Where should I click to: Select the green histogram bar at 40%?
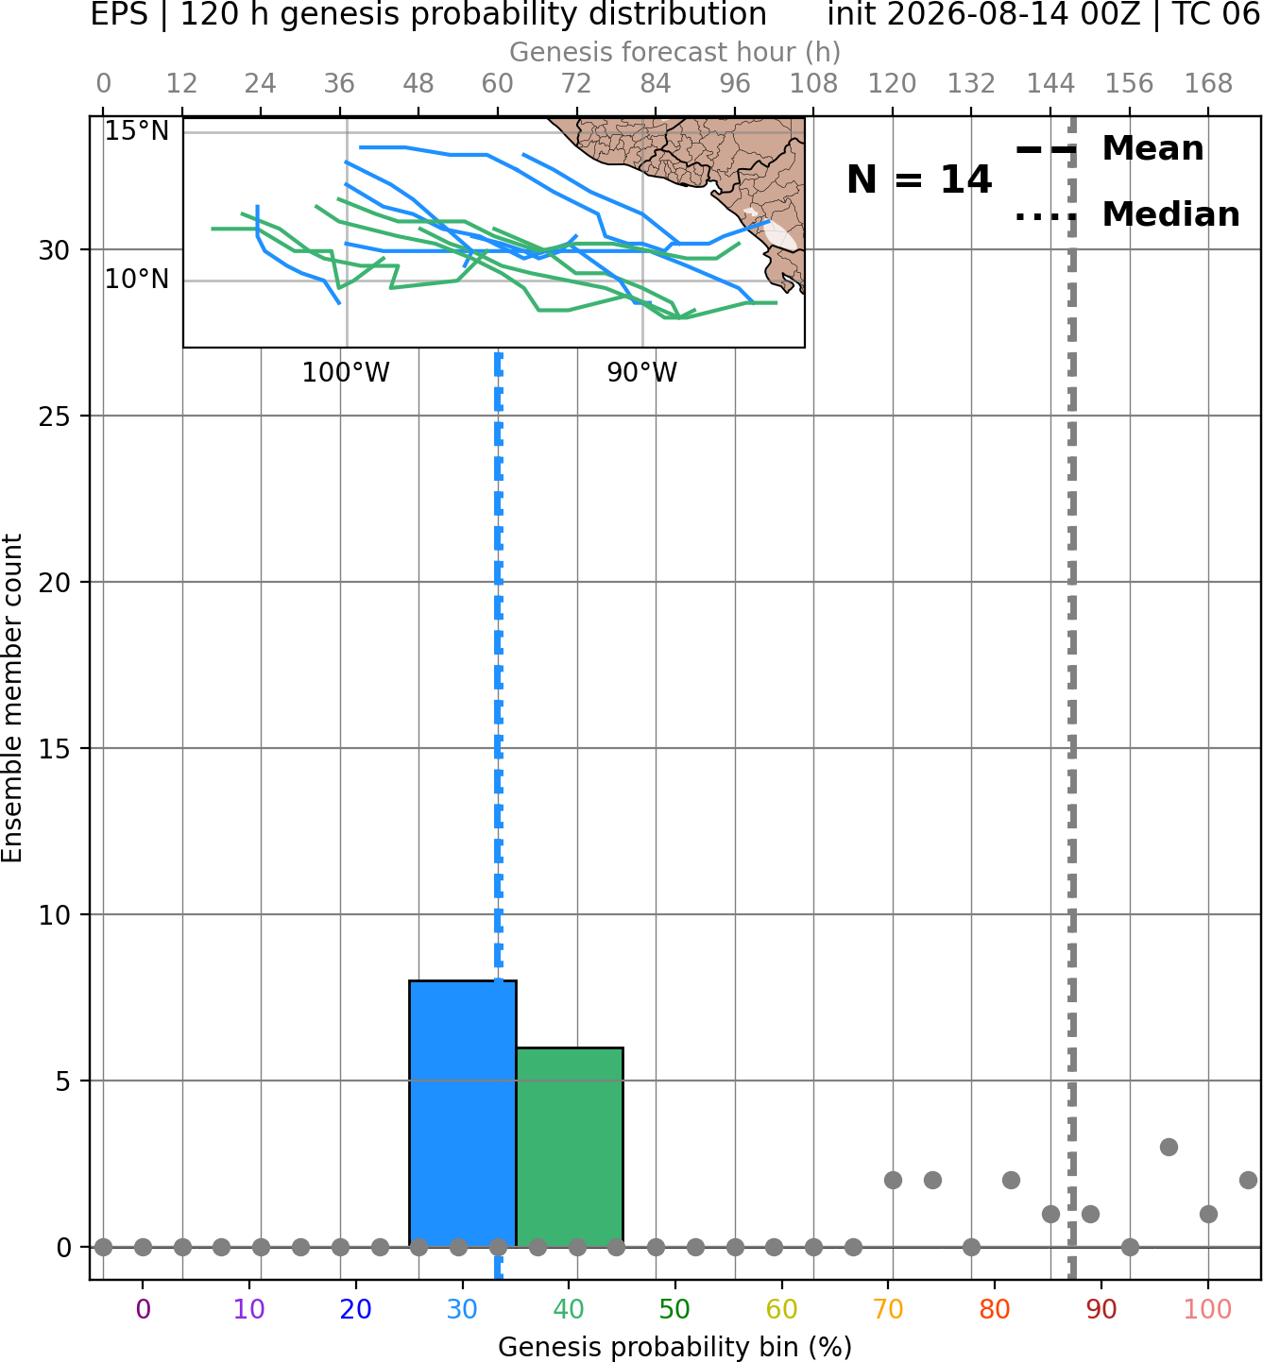coord(570,1148)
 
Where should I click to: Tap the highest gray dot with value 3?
coord(1169,1148)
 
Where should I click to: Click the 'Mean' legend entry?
coord(1152,149)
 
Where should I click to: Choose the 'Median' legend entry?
coord(1170,214)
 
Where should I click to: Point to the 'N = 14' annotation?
coord(919,179)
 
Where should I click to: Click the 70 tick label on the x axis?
coord(888,1309)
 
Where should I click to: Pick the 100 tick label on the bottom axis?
coord(1208,1309)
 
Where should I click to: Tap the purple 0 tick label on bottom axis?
coord(143,1309)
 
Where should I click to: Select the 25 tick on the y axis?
coord(54,417)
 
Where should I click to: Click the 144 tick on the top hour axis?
coord(1050,84)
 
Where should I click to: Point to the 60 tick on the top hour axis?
coord(498,84)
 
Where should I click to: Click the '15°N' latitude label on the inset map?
coord(137,131)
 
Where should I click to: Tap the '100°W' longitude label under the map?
coord(346,373)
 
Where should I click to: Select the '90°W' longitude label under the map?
coord(642,373)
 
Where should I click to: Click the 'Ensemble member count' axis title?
coord(12,698)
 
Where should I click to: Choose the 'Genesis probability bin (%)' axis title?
coord(675,1347)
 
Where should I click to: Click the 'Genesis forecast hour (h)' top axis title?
coord(675,52)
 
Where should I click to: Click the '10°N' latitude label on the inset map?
coord(137,280)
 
